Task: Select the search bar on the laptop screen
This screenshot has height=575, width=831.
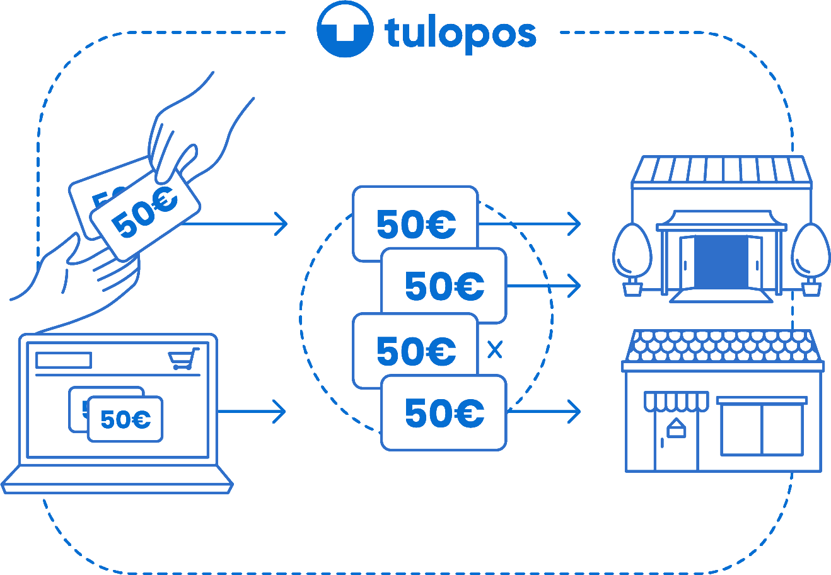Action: [64, 360]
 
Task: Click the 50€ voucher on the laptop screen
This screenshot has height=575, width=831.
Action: [125, 419]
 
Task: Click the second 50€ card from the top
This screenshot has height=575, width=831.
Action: [445, 285]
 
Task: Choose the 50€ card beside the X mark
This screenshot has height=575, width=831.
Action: [415, 350]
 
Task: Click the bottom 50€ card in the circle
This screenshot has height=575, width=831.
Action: [445, 413]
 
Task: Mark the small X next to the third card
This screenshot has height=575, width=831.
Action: [496, 350]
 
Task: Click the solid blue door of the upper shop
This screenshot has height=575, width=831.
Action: [721, 263]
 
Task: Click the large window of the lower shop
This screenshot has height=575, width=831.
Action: [762, 429]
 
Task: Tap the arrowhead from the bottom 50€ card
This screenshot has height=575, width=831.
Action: [574, 412]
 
